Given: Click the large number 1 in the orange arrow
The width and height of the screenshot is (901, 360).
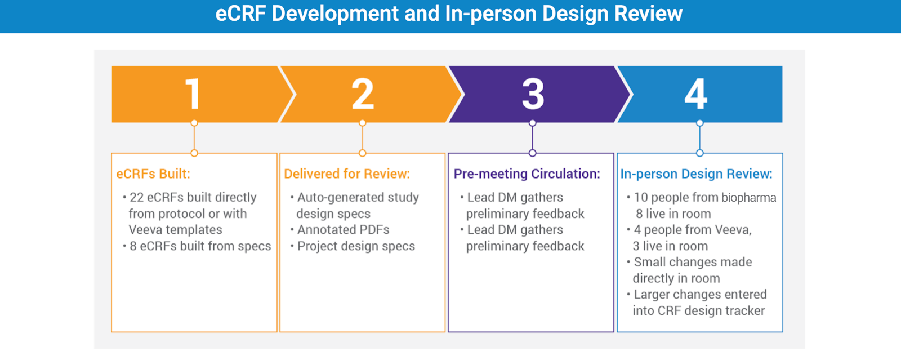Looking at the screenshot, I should coord(193,94).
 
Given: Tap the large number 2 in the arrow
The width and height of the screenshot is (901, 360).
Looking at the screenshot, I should coord(363,94).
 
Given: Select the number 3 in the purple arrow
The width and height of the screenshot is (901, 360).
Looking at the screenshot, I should coord(533,94).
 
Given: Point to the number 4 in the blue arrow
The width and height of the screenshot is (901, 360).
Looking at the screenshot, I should coord(696,94).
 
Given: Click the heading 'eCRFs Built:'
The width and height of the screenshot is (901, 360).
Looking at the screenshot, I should coord(153,174).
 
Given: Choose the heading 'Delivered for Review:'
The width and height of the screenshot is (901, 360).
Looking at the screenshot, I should coord(347,174).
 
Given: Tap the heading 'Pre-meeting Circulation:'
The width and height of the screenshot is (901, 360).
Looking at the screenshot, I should coord(527,174).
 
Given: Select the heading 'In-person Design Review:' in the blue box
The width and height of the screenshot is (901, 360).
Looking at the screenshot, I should coord(696,174).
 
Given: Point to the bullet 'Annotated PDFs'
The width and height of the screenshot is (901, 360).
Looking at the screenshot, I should coord(344,230).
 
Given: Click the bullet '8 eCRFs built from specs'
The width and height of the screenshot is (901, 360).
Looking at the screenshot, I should coord(200,246).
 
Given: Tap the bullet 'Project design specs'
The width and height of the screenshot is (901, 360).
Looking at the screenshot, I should coord(356,246).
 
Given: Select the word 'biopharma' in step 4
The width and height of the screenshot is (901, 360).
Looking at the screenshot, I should coord(748,198).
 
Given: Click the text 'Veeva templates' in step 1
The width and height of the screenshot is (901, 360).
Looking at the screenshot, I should coord(175,230).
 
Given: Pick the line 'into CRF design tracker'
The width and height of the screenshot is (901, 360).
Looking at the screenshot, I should coord(698,311).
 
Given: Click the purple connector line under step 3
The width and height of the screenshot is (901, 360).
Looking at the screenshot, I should coord(532,138).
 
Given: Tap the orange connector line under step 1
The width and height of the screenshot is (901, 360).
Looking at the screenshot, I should coord(194,138).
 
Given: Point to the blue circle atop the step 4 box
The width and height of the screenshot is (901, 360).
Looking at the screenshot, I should coord(699,153).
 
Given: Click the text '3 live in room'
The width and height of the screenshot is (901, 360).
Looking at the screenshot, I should coord(670,246).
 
